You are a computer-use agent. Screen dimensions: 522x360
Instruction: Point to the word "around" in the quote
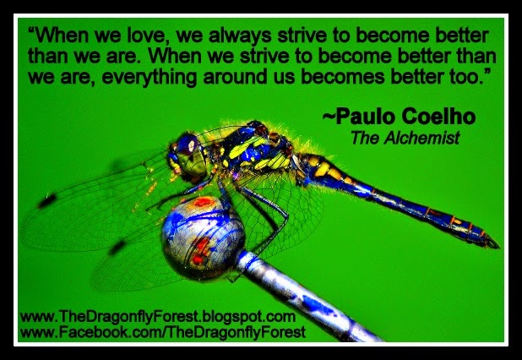pos(236,76)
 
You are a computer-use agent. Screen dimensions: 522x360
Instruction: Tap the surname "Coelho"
pos(438,117)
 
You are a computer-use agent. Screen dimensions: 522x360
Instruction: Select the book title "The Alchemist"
pos(405,138)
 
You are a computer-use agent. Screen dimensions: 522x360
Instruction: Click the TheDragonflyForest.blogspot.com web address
pos(157,317)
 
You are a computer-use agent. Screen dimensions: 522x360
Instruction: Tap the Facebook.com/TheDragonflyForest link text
pos(163,332)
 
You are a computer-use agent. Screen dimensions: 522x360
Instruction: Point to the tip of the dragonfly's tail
pos(499,247)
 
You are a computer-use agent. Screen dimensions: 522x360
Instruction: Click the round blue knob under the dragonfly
pos(203,237)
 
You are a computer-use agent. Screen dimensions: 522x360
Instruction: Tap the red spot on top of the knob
pos(203,202)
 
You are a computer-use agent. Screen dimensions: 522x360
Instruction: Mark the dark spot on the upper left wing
pos(46,201)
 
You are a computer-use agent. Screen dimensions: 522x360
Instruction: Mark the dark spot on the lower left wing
pos(117,248)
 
